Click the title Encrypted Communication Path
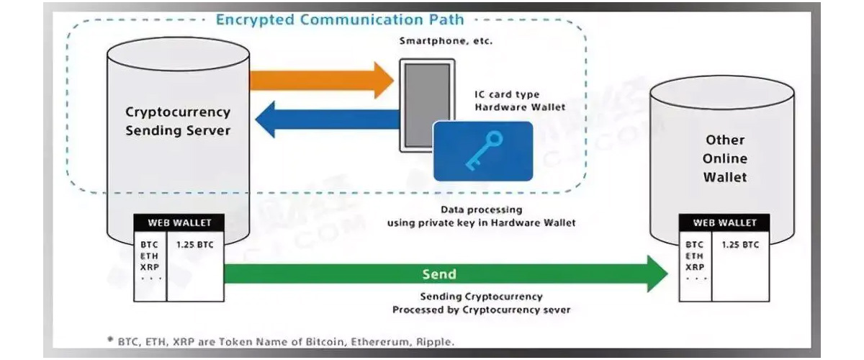coord(340,19)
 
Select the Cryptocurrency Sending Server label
coord(178,121)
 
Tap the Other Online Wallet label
coord(725,158)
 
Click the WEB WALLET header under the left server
coord(180,222)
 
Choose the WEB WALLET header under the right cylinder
coord(725,223)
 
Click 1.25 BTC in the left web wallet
coord(194,244)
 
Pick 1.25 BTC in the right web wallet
coord(739,245)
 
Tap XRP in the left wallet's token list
coord(150,266)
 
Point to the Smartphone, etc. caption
coord(446,41)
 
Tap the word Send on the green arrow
coord(439,274)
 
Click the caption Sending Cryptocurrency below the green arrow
coord(482,297)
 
